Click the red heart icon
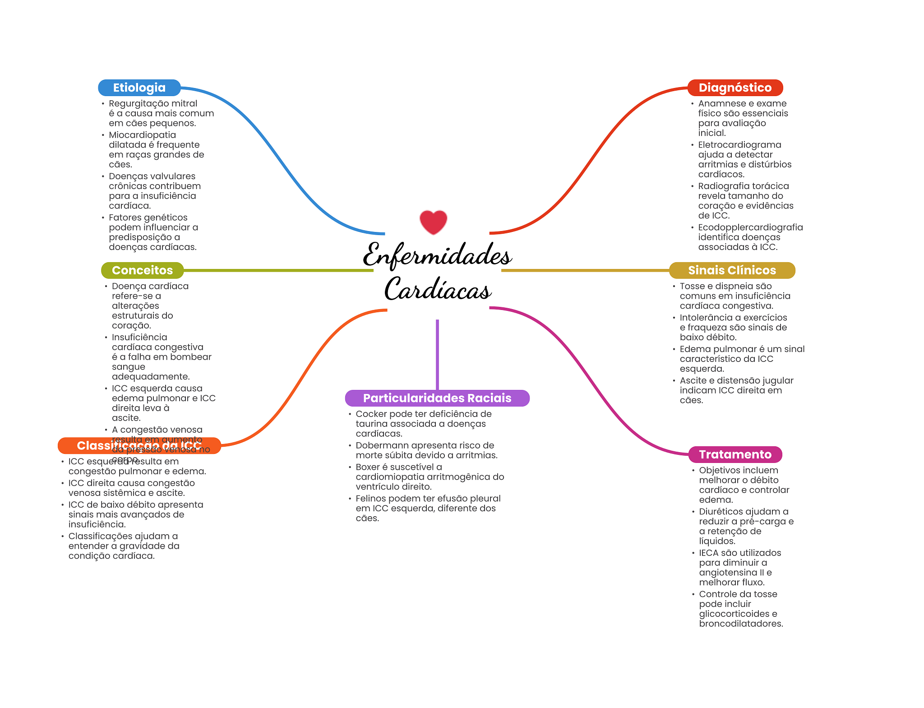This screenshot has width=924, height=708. [x=433, y=222]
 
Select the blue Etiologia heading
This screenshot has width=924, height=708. [x=139, y=88]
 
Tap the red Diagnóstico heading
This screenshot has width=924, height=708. [x=735, y=88]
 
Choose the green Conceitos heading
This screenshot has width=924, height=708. [x=142, y=270]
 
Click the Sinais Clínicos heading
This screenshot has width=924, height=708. [x=731, y=270]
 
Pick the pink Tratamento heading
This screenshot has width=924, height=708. [x=735, y=454]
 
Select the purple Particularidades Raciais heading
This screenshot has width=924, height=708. [x=437, y=398]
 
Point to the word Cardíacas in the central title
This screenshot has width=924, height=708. [x=437, y=289]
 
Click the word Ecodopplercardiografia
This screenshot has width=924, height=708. [x=750, y=227]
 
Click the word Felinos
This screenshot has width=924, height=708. [x=371, y=499]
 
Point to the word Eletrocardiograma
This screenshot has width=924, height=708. [x=739, y=145]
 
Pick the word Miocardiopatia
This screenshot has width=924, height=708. [x=142, y=135]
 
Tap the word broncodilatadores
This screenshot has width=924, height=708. [x=741, y=624]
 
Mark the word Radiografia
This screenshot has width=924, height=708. [x=724, y=186]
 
